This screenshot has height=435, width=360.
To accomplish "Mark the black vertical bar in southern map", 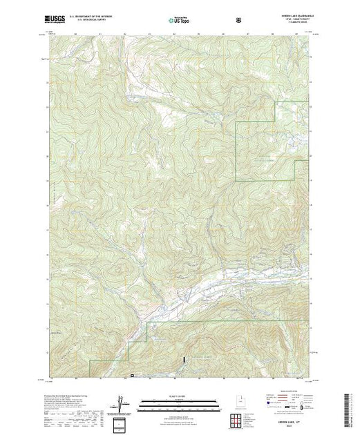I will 184,360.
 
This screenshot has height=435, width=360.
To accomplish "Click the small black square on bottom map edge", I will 132,376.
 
